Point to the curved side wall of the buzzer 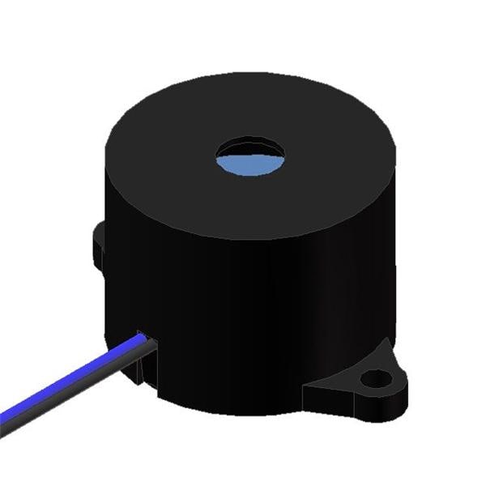click(259, 308)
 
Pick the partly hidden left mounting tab click(99, 243)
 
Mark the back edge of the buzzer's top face click(251, 75)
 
